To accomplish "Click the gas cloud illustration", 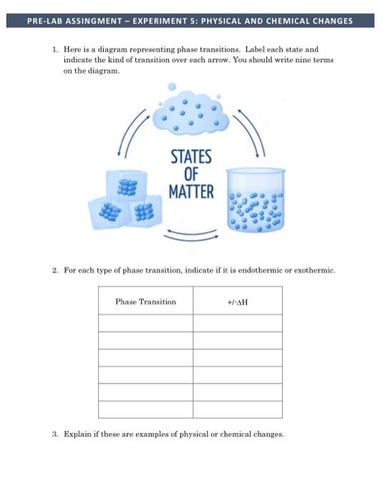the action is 191,113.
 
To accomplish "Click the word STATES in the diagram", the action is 191,157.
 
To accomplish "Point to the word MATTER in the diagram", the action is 191,191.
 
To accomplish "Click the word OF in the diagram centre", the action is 191,174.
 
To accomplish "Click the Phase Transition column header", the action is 145,301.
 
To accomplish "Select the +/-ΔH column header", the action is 237,301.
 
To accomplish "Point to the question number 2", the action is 55,271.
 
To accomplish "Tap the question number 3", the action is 55,434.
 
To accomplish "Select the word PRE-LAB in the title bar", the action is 42,21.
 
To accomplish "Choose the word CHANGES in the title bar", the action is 330,21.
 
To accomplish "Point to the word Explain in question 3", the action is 77,434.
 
